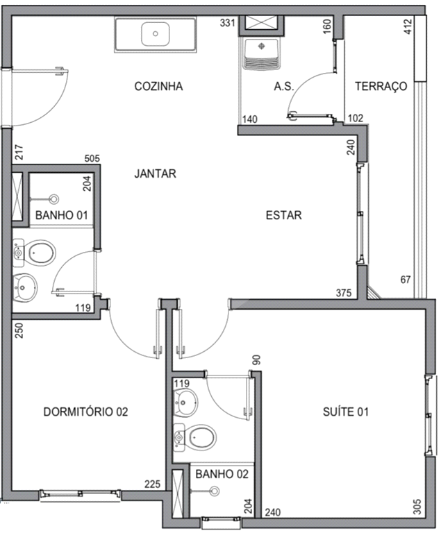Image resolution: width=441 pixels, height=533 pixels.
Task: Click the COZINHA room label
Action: pos(158,87)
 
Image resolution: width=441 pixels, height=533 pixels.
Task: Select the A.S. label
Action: pos(284,87)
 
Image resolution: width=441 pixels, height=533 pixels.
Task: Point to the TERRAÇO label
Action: pos(380,87)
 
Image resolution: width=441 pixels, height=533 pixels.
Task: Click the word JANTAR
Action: pos(155,174)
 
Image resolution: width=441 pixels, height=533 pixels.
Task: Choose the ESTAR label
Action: pos(283,215)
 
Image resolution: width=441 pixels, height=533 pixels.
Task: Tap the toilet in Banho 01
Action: pos(38,253)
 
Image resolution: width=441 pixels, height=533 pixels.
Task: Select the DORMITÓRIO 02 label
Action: pos(86,412)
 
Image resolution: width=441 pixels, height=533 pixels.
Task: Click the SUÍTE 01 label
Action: pos(345,412)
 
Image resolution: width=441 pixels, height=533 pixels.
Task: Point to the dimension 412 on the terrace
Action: pos(408,27)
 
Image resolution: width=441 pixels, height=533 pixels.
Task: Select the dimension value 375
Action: pos(344,292)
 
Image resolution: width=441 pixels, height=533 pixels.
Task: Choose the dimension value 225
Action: pos(153,484)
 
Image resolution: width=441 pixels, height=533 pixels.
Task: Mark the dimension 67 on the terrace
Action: pos(406,280)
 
